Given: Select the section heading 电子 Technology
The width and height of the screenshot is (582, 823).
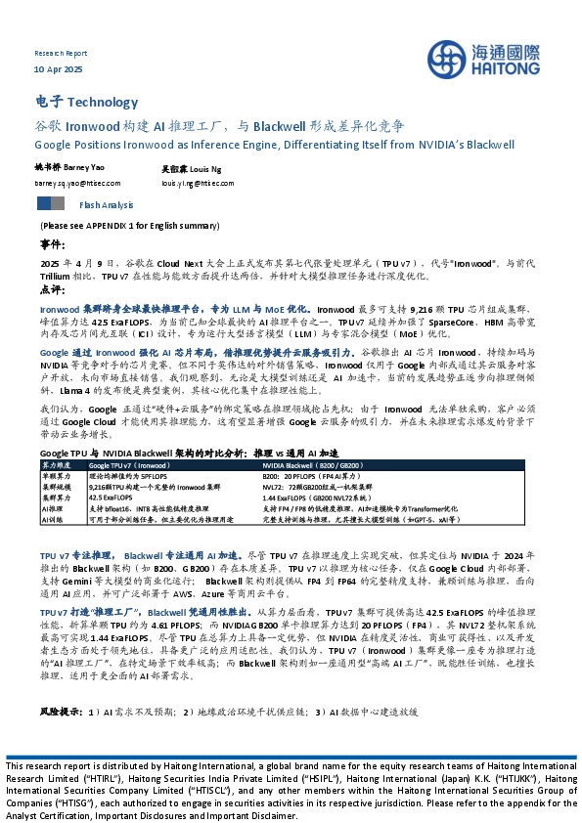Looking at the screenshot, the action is click(x=86, y=102).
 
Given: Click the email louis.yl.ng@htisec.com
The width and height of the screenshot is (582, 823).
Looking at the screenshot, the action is click(x=198, y=183).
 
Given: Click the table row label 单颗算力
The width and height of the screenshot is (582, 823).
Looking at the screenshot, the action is click(x=55, y=476).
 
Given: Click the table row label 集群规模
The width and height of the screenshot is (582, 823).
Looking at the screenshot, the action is click(x=55, y=486).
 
